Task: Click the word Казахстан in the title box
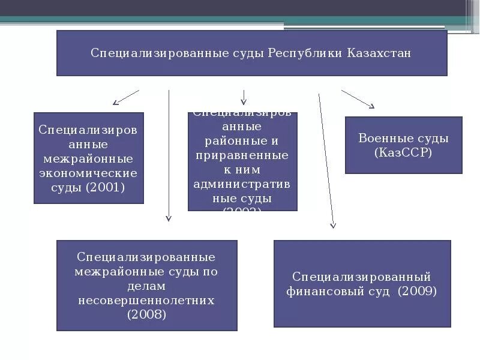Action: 379,53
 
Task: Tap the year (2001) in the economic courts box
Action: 105,188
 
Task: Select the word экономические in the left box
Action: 88,173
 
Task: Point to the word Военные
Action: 382,138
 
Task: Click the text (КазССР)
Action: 403,152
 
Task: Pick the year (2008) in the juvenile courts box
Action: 146,314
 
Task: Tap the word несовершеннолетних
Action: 146,300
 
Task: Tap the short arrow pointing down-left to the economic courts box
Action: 125,97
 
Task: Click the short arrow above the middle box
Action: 244,97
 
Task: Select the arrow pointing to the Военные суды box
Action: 358,99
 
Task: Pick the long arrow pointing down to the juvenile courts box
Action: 169,156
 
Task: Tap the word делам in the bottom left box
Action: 146,286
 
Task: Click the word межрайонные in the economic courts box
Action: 88,159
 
